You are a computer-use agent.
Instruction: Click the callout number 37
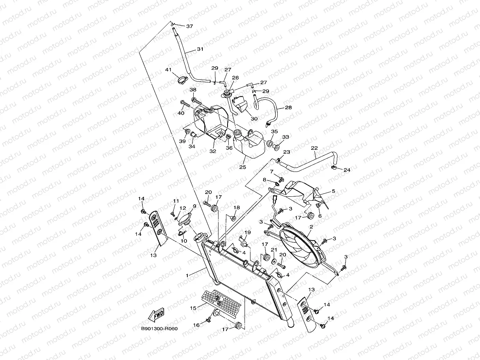pyautogui.click(x=189, y=26)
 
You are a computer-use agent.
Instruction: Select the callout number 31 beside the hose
pyautogui.click(x=200, y=49)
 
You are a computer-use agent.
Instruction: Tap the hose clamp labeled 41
pyautogui.click(x=182, y=81)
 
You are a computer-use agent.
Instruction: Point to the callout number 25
pyautogui.click(x=242, y=167)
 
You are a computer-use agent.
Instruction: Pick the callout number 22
pyautogui.click(x=314, y=148)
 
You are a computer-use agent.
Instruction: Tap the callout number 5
pyautogui.click(x=333, y=191)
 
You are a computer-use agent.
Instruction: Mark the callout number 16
pyautogui.click(x=196, y=325)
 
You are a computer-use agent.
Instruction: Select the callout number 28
pyautogui.click(x=288, y=107)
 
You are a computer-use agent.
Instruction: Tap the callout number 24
pyautogui.click(x=347, y=170)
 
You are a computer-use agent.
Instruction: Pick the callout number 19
pyautogui.click(x=247, y=232)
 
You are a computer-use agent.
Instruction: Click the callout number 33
pyautogui.click(x=286, y=137)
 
